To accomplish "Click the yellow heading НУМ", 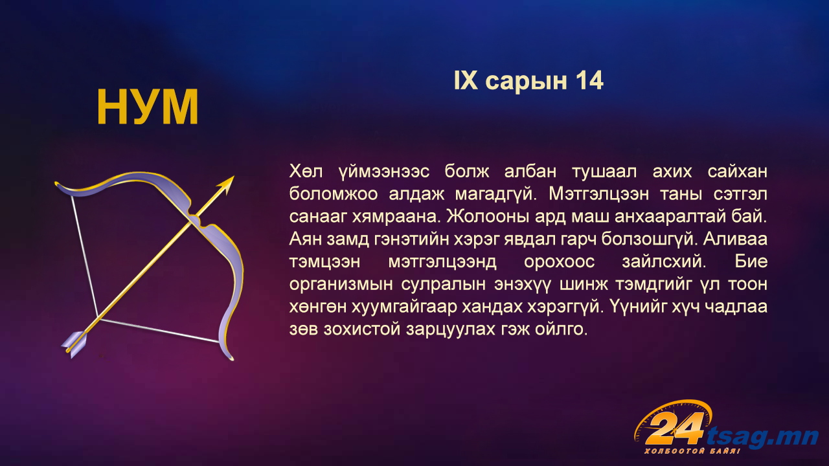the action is click(x=147, y=107).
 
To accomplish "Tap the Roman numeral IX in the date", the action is click(x=466, y=81).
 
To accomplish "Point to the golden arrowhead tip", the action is click(x=234, y=177).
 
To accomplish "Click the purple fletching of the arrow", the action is click(x=74, y=344).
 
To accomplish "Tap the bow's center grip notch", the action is click(x=196, y=219).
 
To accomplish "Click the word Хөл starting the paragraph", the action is click(x=306, y=172).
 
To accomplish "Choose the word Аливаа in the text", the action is click(x=735, y=239).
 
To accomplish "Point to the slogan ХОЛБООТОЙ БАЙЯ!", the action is click(x=692, y=451).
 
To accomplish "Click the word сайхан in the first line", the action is click(x=737, y=172).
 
